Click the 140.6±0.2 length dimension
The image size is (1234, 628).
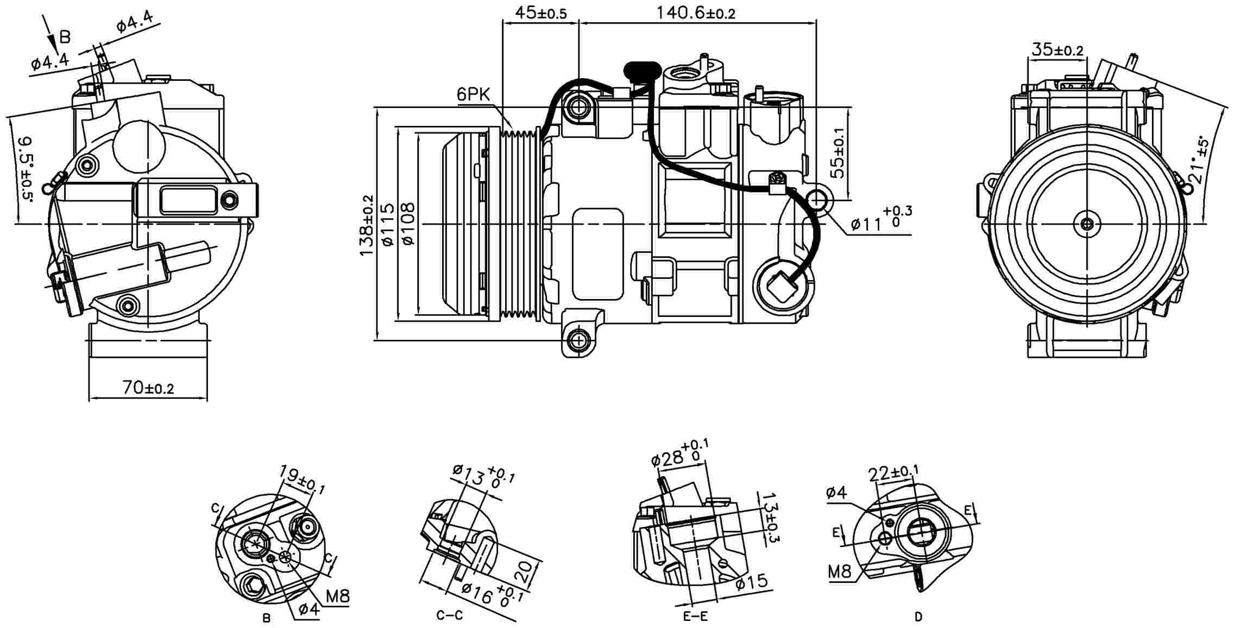pos(696,12)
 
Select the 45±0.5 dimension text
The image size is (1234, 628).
pos(540,12)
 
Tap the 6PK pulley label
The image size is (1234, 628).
pos(473,95)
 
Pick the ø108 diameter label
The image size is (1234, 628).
pos(408,224)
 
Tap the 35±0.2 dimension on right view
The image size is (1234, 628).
pos(1057,50)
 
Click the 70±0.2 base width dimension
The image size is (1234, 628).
pos(148,388)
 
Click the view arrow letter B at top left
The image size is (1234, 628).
pos(65,37)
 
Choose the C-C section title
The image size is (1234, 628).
pos(450,616)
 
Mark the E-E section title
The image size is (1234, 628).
pos(696,617)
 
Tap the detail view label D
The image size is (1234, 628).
pos(918,617)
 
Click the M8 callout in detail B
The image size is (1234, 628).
pos(337,597)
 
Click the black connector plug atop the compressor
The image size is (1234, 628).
pos(643,71)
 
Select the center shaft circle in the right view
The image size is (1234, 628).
pos(1087,224)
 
